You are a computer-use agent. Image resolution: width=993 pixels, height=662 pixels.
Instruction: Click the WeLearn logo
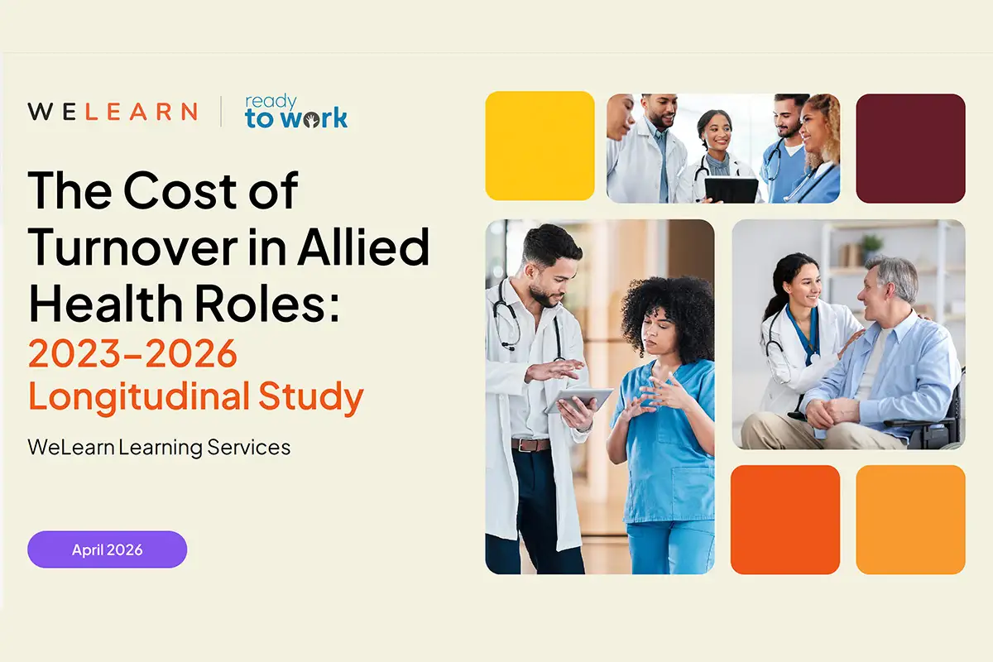click(x=113, y=112)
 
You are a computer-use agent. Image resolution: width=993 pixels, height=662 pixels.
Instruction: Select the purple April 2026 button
click(x=108, y=549)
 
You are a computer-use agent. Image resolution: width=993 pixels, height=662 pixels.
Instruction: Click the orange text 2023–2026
click(x=132, y=353)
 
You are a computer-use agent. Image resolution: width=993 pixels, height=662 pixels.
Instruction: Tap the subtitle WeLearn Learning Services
click(x=159, y=448)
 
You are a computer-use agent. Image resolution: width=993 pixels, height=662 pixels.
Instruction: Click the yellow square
click(x=540, y=146)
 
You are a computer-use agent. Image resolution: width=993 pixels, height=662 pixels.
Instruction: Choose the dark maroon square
click(x=910, y=148)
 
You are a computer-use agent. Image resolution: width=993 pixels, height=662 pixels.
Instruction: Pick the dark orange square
click(x=784, y=520)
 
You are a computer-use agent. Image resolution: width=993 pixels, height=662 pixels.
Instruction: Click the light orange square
click(x=910, y=520)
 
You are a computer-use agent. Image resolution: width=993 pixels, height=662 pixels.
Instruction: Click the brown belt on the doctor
click(x=530, y=445)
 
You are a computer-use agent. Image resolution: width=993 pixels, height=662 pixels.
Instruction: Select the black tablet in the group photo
click(x=730, y=189)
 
